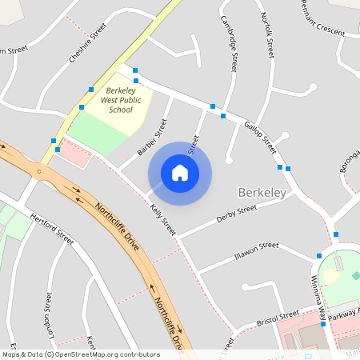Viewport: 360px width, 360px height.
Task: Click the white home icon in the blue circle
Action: pyautogui.click(x=180, y=172)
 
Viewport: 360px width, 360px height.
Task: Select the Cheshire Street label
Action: pyautogui.click(x=87, y=41)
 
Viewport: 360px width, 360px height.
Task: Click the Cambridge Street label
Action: pyautogui.click(x=229, y=45)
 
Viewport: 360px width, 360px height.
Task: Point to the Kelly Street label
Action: pyautogui.click(x=162, y=219)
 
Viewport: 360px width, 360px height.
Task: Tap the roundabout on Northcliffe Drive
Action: pyautogui.click(x=38, y=170)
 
